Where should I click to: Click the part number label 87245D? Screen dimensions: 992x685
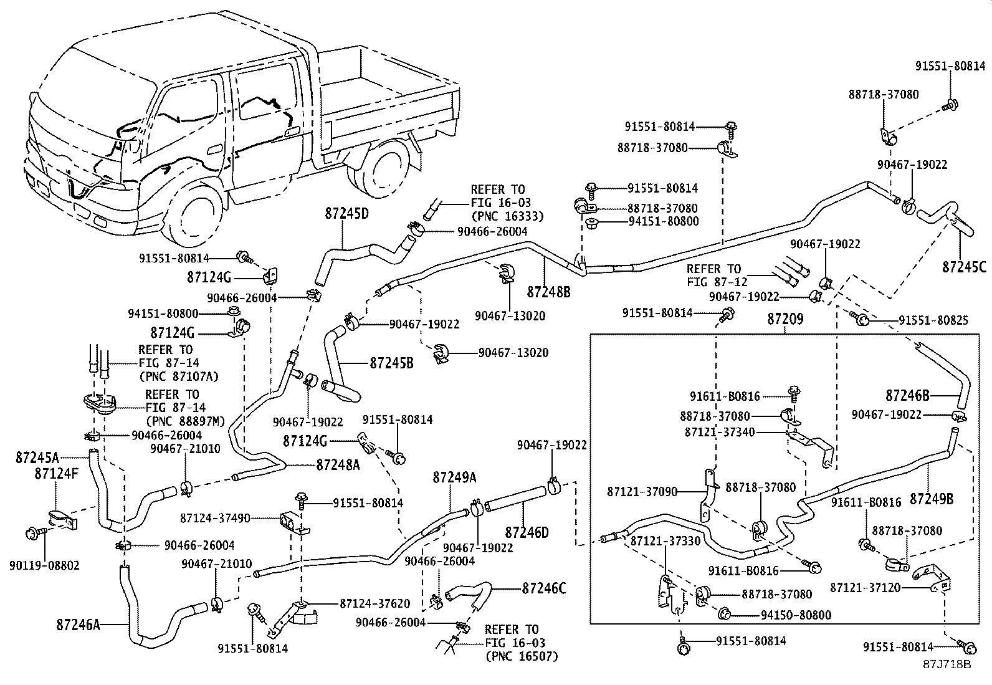[346, 214]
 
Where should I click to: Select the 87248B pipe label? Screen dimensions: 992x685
[549, 292]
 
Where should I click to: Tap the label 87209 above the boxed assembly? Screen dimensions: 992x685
[785, 319]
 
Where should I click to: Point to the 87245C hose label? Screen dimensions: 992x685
[964, 267]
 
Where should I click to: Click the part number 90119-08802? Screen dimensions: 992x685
[44, 565]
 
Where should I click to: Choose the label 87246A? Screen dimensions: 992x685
[78, 625]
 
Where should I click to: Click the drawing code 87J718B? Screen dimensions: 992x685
[947, 664]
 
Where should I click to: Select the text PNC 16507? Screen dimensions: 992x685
[522, 656]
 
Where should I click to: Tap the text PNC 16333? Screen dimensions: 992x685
[507, 216]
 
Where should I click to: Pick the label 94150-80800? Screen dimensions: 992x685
[796, 615]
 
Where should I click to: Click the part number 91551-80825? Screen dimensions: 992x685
[933, 320]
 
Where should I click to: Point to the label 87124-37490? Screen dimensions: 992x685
[215, 518]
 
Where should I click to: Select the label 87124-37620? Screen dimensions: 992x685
[375, 603]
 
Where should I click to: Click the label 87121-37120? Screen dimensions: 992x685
[866, 588]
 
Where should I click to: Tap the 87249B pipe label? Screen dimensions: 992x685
[932, 499]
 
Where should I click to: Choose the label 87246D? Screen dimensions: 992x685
[527, 532]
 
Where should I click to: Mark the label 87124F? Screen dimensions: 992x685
[56, 474]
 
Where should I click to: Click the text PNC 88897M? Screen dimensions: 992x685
[186, 421]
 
